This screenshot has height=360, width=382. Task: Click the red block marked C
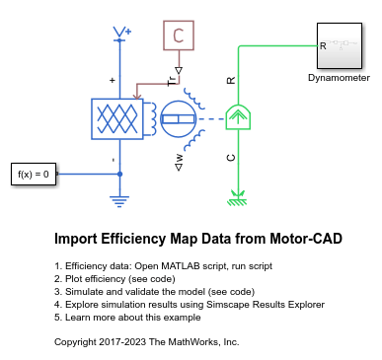[x=179, y=36]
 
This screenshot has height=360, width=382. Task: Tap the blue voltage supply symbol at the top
[x=120, y=36]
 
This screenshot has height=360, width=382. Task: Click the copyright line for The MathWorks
[x=146, y=341]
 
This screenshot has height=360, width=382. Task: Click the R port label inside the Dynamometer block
[x=323, y=45]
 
